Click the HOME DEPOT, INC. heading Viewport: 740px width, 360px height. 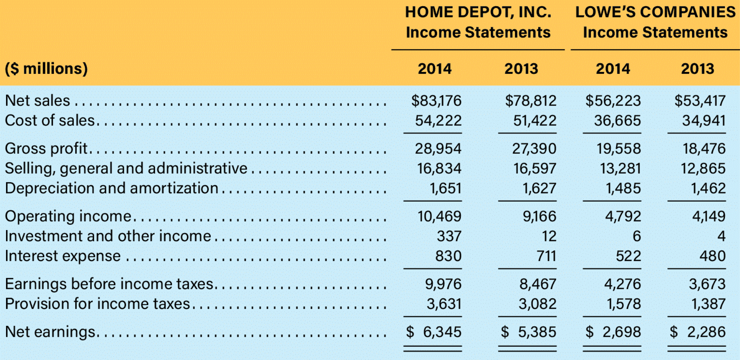[x=478, y=12]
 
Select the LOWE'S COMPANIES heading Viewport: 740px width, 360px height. [x=655, y=12]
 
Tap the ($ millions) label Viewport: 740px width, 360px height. [x=46, y=69]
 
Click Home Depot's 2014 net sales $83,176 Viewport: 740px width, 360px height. [x=436, y=101]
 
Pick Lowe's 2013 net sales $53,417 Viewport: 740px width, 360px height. [x=699, y=101]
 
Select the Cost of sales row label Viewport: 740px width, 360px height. [x=50, y=121]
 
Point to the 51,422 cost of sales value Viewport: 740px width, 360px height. [x=534, y=121]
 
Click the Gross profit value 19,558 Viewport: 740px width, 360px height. [x=618, y=149]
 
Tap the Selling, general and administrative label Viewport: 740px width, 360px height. [x=126, y=168]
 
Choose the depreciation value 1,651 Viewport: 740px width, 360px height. [x=445, y=188]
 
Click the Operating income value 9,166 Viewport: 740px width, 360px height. [x=539, y=216]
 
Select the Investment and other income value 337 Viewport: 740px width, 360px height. [x=449, y=236]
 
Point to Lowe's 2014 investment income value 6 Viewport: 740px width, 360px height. [x=636, y=236]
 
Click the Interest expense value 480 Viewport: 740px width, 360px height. [x=712, y=256]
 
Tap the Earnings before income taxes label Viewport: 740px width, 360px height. [x=109, y=284]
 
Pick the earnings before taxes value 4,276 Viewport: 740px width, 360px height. [x=622, y=284]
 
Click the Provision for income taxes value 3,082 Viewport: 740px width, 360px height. [x=537, y=304]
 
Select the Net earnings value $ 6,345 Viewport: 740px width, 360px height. [x=434, y=332]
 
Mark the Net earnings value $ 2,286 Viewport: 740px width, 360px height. [x=697, y=332]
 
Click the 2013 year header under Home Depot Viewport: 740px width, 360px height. [x=521, y=69]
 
